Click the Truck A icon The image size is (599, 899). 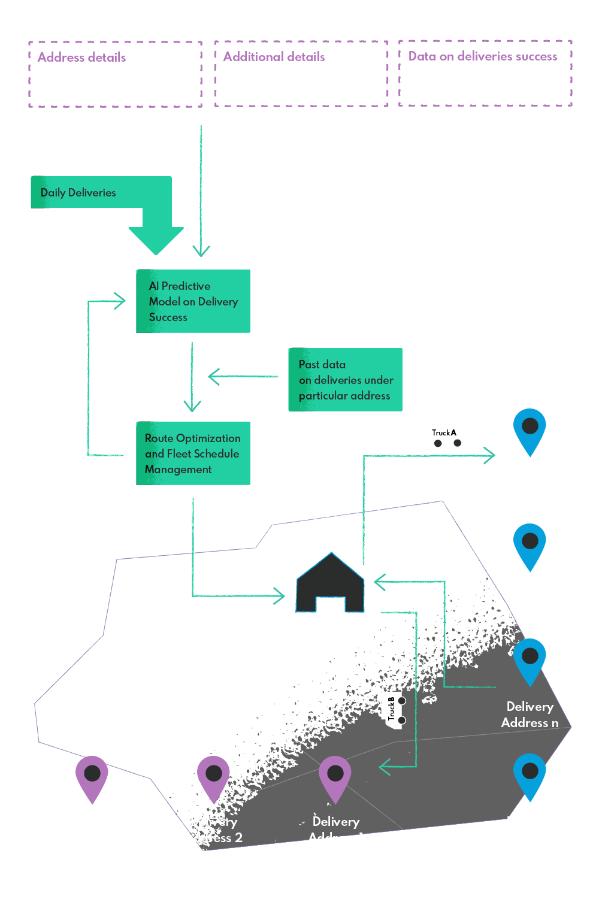click(x=447, y=435)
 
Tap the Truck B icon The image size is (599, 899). click(x=393, y=710)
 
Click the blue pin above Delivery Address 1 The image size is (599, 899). click(x=530, y=429)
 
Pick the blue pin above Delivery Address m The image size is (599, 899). click(x=530, y=774)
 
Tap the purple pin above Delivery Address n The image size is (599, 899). click(x=92, y=777)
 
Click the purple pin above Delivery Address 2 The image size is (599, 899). click(x=213, y=777)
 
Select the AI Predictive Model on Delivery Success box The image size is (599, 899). click(x=193, y=301)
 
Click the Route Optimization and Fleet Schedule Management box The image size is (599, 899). click(x=193, y=453)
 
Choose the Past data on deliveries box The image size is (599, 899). click(x=345, y=380)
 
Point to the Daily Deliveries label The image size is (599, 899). click(x=78, y=193)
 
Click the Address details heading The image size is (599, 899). click(x=82, y=57)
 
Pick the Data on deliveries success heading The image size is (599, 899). click(x=483, y=56)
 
